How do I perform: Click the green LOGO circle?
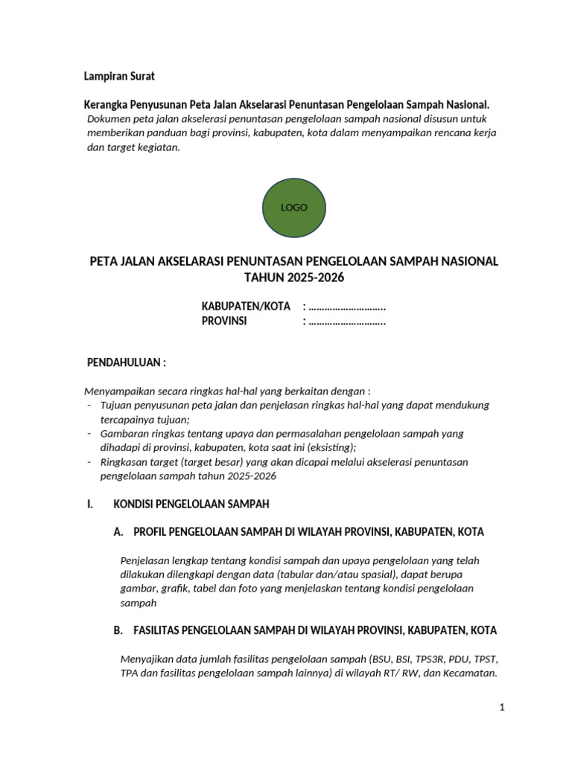[293, 208]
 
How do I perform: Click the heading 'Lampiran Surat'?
[118, 77]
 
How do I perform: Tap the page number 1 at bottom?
[503, 708]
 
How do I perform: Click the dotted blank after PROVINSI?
[347, 321]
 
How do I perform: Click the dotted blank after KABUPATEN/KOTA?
[347, 307]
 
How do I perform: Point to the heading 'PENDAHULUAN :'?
[127, 362]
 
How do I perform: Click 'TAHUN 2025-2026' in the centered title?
[295, 278]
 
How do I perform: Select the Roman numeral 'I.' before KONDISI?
[90, 504]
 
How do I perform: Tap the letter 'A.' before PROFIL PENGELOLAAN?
[118, 532]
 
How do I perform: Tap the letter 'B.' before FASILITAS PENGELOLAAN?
[118, 630]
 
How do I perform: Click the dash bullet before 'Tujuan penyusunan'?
[89, 406]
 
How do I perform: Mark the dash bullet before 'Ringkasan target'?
[89, 462]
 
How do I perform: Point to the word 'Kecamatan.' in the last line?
[471, 673]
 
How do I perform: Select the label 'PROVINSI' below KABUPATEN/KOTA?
[224, 321]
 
